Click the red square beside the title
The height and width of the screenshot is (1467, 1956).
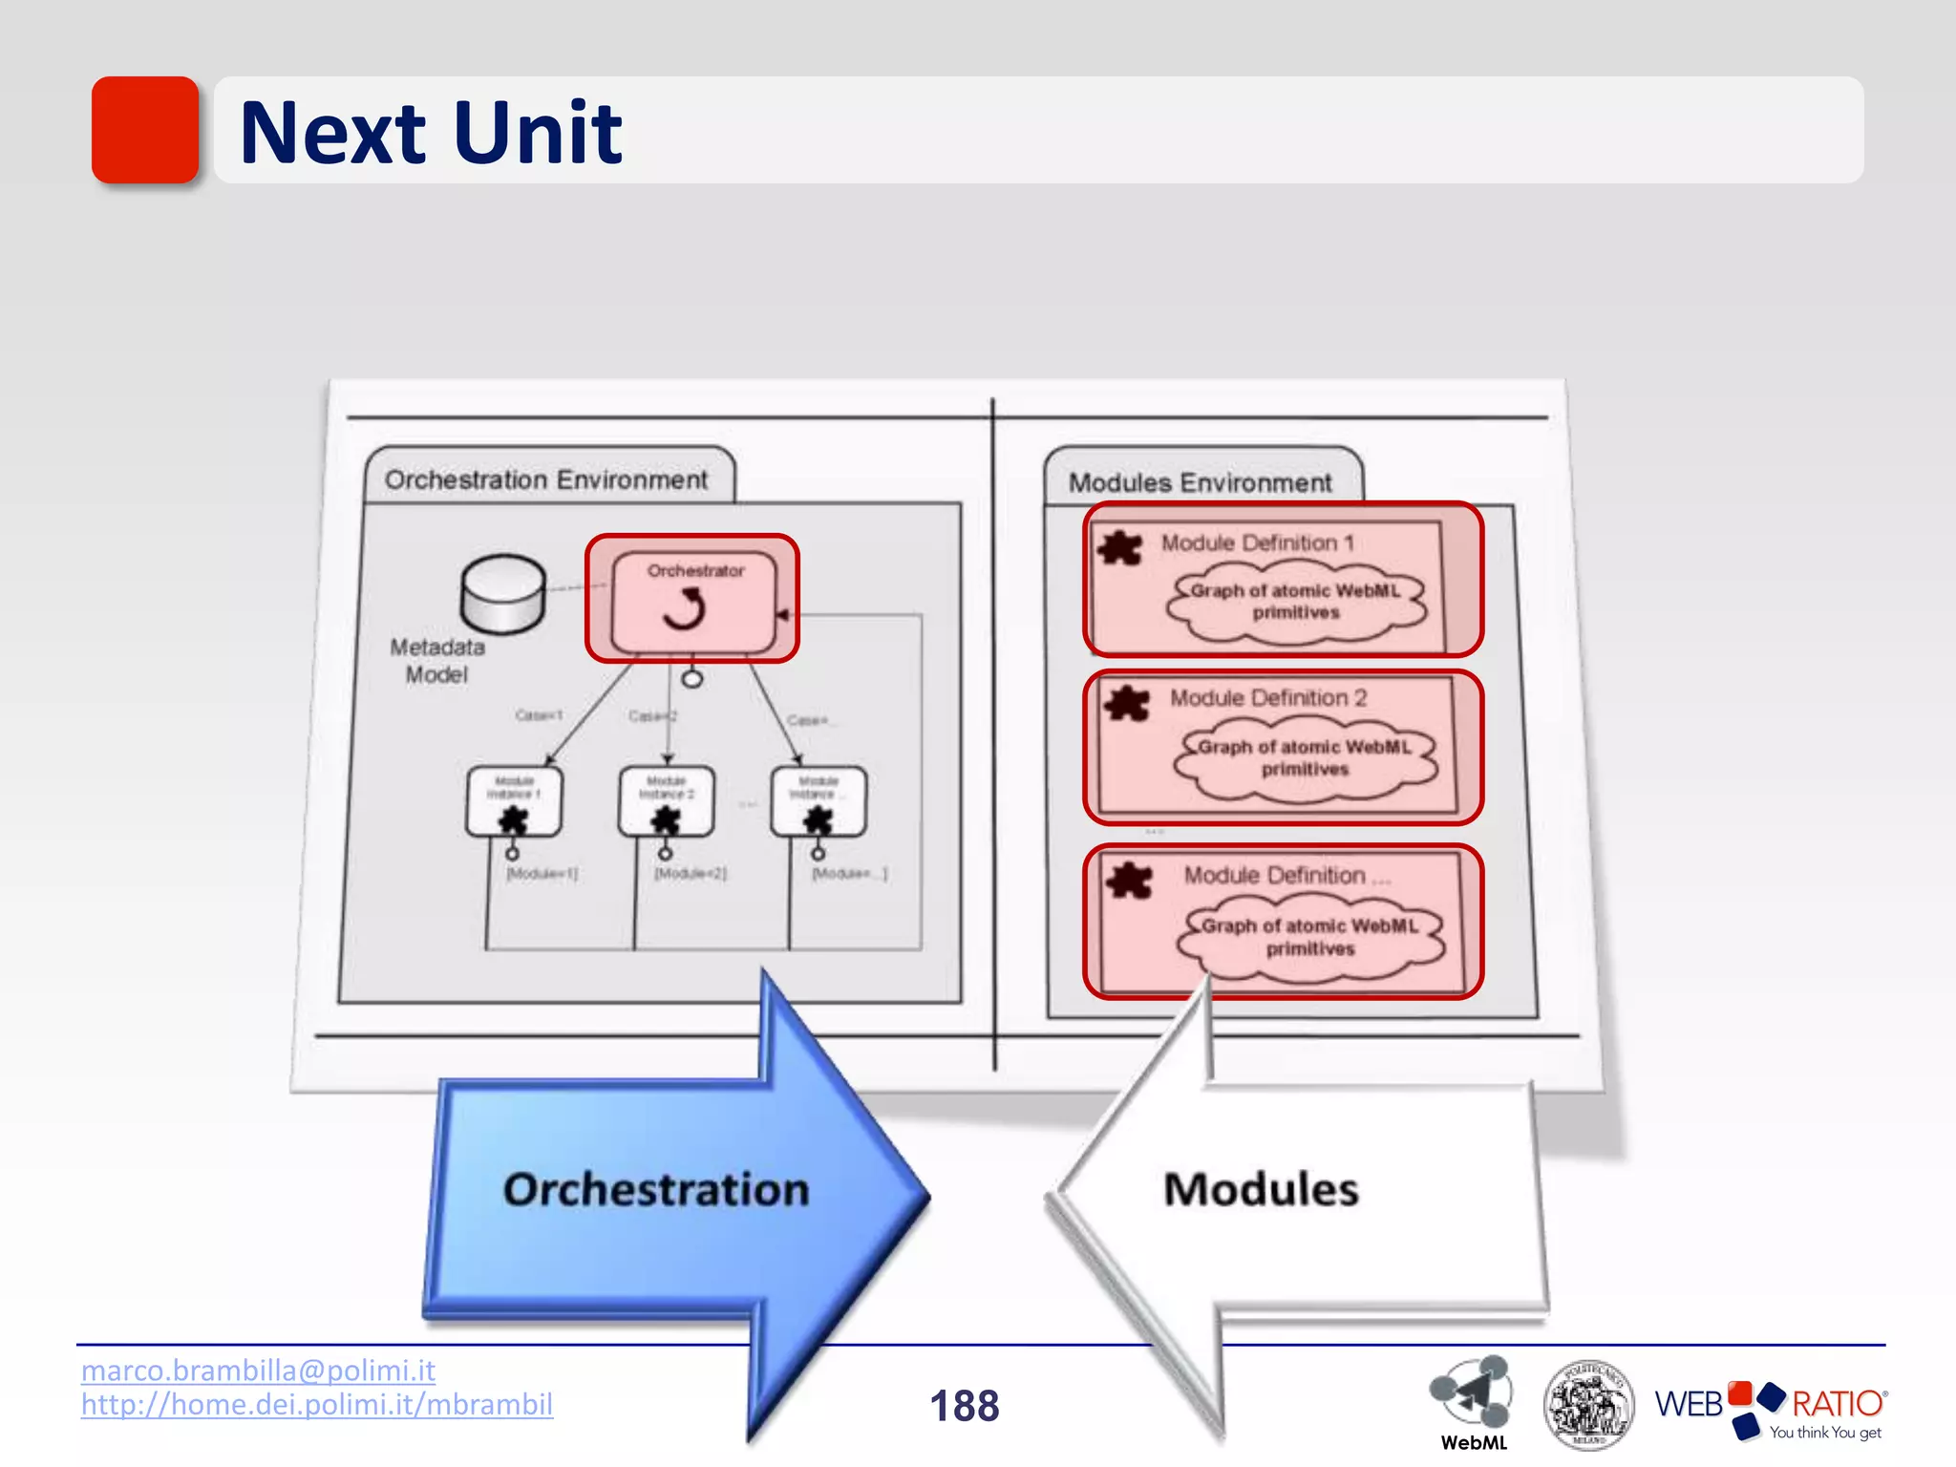tap(144, 130)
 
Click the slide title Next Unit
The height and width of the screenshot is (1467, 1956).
tap(431, 133)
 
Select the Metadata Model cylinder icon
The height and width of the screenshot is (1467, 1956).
tap(503, 594)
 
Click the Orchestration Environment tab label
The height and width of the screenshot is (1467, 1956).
tap(546, 479)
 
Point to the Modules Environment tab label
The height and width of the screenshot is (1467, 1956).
tap(1200, 482)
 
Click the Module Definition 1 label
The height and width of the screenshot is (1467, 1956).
tap(1257, 543)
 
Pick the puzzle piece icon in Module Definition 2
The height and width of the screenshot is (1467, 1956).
tap(1127, 704)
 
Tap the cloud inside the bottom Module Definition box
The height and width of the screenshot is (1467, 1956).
tap(1310, 938)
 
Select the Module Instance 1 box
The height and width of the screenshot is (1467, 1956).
tap(514, 800)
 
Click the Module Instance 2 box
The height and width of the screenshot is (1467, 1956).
tap(666, 800)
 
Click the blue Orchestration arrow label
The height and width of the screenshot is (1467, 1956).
tap(656, 1190)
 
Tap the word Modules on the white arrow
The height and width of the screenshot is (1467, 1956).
tap(1261, 1190)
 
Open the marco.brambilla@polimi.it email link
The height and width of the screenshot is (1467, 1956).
tap(258, 1371)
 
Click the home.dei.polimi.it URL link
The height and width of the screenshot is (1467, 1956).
tap(317, 1405)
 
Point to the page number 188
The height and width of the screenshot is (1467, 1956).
tap(965, 1406)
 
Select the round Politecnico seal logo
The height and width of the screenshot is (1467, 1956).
tap(1588, 1404)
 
